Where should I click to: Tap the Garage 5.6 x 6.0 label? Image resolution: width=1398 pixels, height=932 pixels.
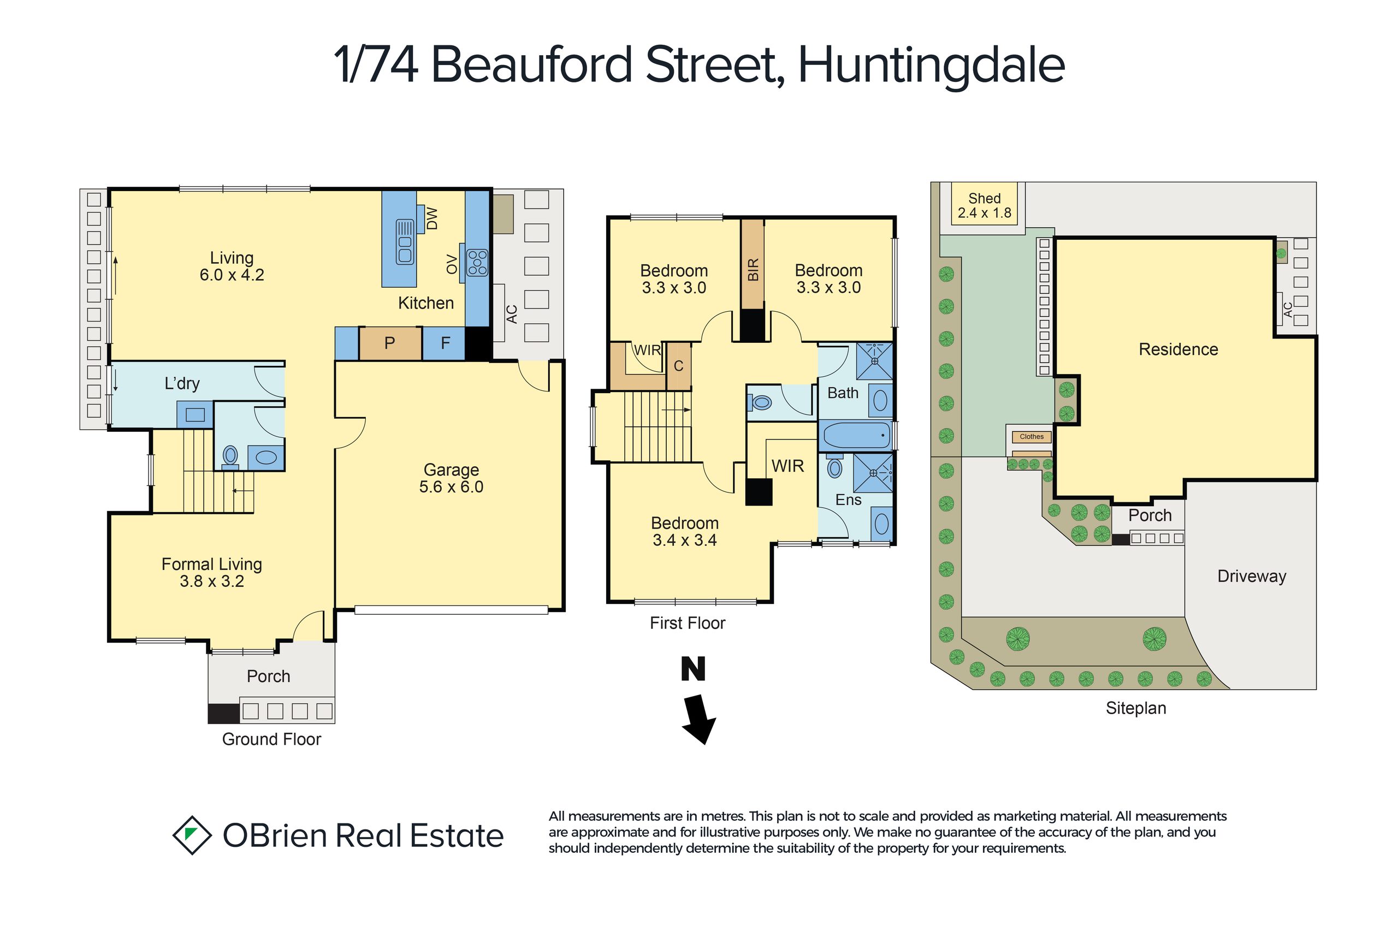(451, 478)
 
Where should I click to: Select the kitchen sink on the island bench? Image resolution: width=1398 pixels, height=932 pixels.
(405, 241)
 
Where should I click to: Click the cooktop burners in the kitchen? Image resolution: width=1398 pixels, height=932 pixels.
(477, 262)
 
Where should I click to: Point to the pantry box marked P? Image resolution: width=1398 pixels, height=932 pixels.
(390, 343)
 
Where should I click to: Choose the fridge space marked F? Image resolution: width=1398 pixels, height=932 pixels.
(444, 343)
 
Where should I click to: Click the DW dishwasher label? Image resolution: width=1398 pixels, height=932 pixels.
(432, 219)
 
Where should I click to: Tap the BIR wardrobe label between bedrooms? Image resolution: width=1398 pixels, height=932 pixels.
(753, 270)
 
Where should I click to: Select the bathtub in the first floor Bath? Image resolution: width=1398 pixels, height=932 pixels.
(855, 436)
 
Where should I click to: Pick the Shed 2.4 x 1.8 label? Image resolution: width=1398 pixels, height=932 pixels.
(984, 206)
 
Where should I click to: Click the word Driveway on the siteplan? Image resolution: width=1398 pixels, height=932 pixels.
(1252, 576)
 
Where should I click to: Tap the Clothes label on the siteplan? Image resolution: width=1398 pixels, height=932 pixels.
(1032, 437)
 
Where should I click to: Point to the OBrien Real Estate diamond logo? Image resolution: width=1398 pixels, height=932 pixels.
(192, 835)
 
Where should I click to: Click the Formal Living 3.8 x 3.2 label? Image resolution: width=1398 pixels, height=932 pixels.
(211, 572)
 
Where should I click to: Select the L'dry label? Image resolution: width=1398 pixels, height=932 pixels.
(182, 383)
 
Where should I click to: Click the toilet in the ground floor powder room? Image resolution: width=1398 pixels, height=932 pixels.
(230, 456)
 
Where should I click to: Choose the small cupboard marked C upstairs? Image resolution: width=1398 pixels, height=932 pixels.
(679, 366)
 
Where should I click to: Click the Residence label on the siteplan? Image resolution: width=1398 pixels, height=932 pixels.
(1178, 349)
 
